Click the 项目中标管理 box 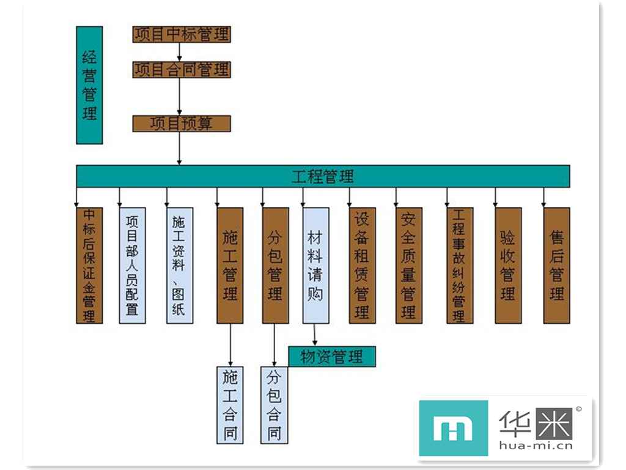182,34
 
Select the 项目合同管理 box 182,69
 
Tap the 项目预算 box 182,124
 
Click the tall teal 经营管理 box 89,85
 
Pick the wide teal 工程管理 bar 323,176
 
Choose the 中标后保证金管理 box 89,265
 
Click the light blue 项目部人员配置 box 133,265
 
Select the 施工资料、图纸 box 180,265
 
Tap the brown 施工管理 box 230,265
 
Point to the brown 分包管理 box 275,265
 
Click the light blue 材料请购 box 315,265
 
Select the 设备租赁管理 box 363,265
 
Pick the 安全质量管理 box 409,265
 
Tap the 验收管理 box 508,265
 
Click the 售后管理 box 556,265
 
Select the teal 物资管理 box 332,356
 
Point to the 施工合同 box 230,405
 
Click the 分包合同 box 274,405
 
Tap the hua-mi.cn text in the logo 536,445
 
